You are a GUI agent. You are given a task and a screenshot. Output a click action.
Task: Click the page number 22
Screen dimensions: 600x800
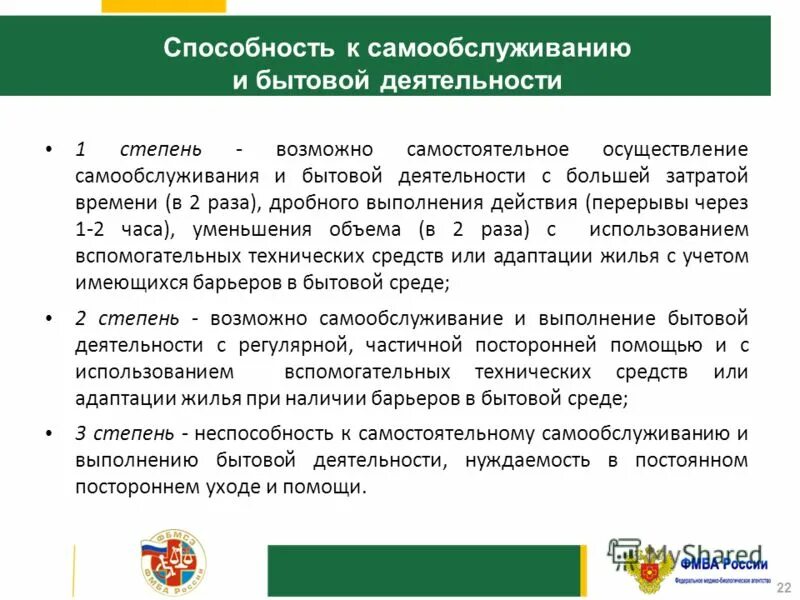pos(782,587)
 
